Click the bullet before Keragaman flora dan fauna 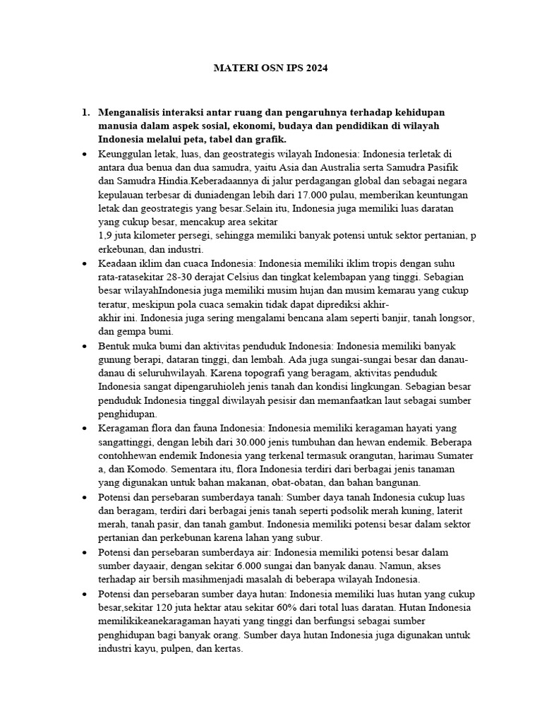pos(85,429)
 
